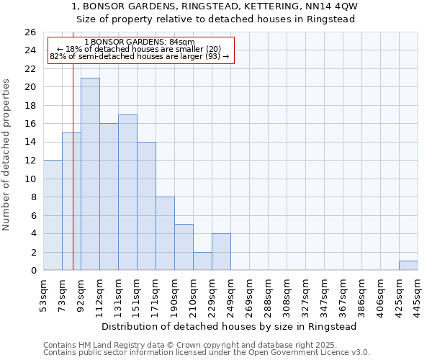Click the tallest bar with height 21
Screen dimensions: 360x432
coord(90,174)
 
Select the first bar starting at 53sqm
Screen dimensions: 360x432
coord(53,215)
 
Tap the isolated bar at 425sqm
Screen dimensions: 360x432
coord(408,266)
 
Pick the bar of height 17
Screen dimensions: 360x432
coord(127,192)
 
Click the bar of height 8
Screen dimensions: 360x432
coord(165,234)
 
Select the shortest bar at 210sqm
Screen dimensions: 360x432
coord(202,261)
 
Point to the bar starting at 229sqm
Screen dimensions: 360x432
coord(221,252)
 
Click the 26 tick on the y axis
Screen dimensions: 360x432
coord(30,32)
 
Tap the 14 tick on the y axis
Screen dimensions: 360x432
coord(30,143)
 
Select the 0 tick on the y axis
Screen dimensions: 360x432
coord(33,271)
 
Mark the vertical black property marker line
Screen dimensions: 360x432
coord(73,180)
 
